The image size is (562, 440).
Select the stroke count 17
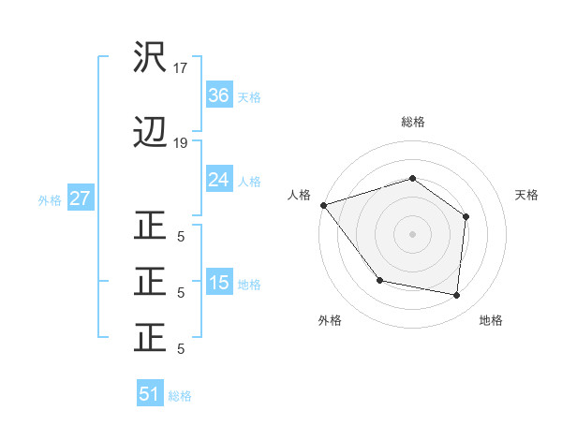tap(181, 68)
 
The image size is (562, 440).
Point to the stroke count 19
tap(181, 143)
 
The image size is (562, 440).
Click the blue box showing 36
tap(218, 95)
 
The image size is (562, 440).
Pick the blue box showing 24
tap(218, 180)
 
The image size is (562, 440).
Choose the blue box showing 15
tap(218, 283)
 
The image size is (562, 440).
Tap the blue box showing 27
tap(81, 198)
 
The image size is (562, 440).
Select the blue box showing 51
tap(150, 394)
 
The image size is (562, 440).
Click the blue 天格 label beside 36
tap(249, 96)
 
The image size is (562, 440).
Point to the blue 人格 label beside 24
tap(249, 181)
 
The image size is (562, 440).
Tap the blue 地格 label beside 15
tap(249, 284)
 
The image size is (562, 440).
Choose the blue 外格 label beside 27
tap(50, 199)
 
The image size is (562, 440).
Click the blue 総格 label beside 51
tap(180, 395)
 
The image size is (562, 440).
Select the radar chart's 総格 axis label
tap(413, 122)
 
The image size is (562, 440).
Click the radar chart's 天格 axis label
tap(527, 195)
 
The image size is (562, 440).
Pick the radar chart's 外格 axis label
tap(330, 320)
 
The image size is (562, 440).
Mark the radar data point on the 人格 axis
tap(323, 205)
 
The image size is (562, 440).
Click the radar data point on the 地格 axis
tap(457, 295)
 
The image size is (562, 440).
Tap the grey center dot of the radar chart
tap(412, 233)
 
